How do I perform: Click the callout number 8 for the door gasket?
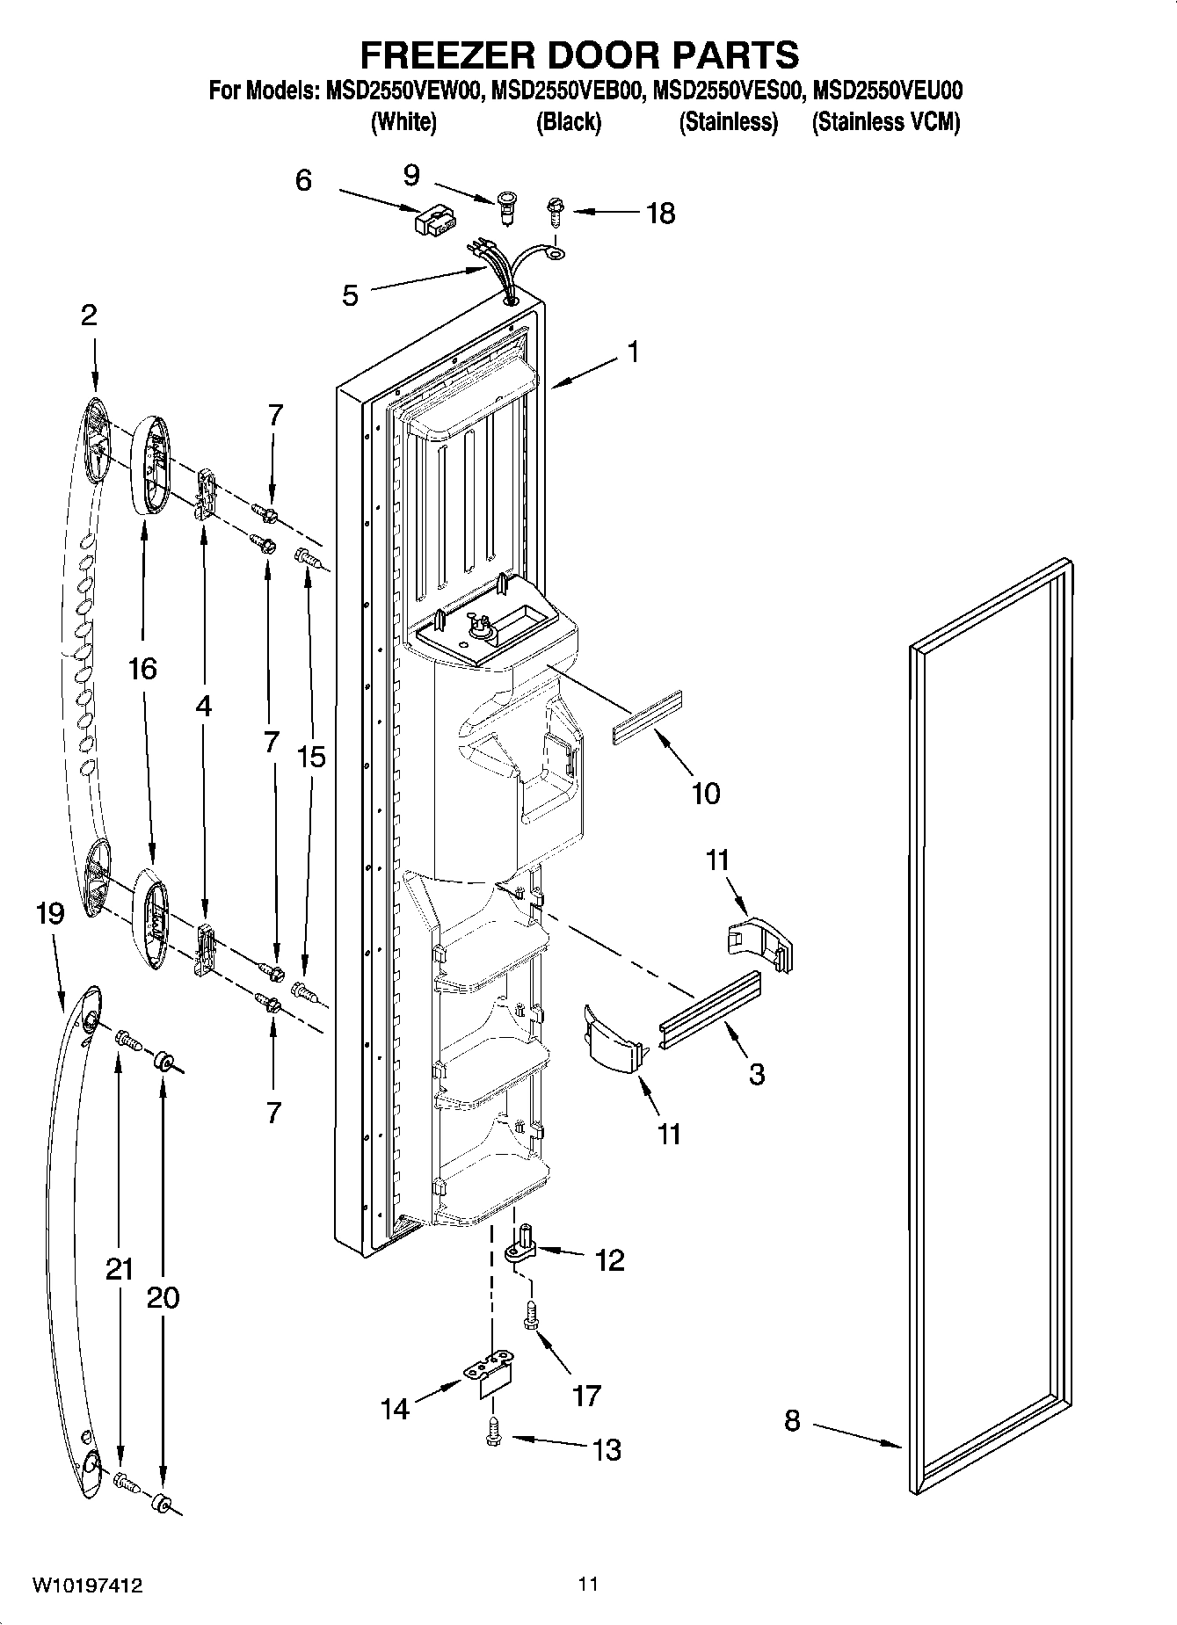(x=792, y=1420)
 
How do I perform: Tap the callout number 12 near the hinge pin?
(x=609, y=1260)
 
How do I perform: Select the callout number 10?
(x=706, y=793)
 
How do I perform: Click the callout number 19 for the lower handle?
(x=50, y=914)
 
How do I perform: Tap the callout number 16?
(x=142, y=669)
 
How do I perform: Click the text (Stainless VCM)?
(x=885, y=122)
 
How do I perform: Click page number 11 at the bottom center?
(x=588, y=1584)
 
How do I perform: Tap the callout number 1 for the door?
(x=631, y=352)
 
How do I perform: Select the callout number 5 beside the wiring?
(x=350, y=295)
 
